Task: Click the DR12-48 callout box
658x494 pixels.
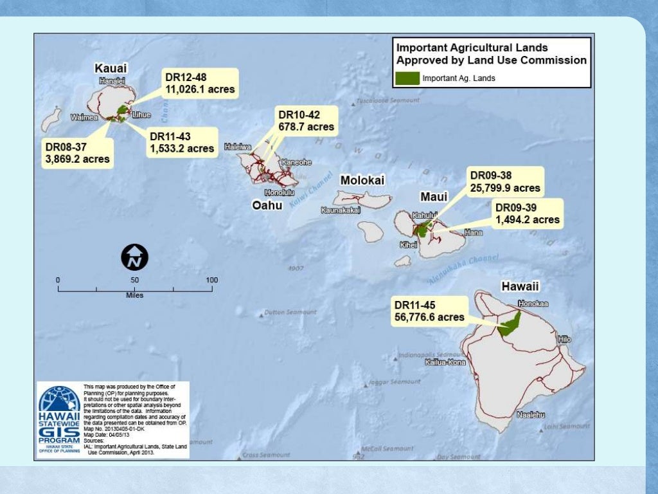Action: (200, 83)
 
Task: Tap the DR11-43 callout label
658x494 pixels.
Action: (182, 142)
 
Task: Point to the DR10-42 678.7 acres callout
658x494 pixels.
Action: (305, 121)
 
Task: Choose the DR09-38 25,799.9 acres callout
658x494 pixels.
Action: (505, 181)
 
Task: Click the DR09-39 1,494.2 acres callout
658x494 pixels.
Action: (528, 214)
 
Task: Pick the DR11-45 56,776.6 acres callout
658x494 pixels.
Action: (429, 311)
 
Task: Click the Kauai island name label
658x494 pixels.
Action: (111, 68)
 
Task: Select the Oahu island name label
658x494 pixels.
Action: (266, 206)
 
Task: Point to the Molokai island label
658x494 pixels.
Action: (362, 180)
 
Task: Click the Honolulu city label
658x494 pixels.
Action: (279, 192)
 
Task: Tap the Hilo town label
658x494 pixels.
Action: (564, 338)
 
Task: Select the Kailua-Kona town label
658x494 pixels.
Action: (445, 363)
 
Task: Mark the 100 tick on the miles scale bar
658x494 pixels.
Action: (211, 280)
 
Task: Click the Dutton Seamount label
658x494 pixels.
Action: (290, 313)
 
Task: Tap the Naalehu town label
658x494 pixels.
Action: (531, 415)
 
